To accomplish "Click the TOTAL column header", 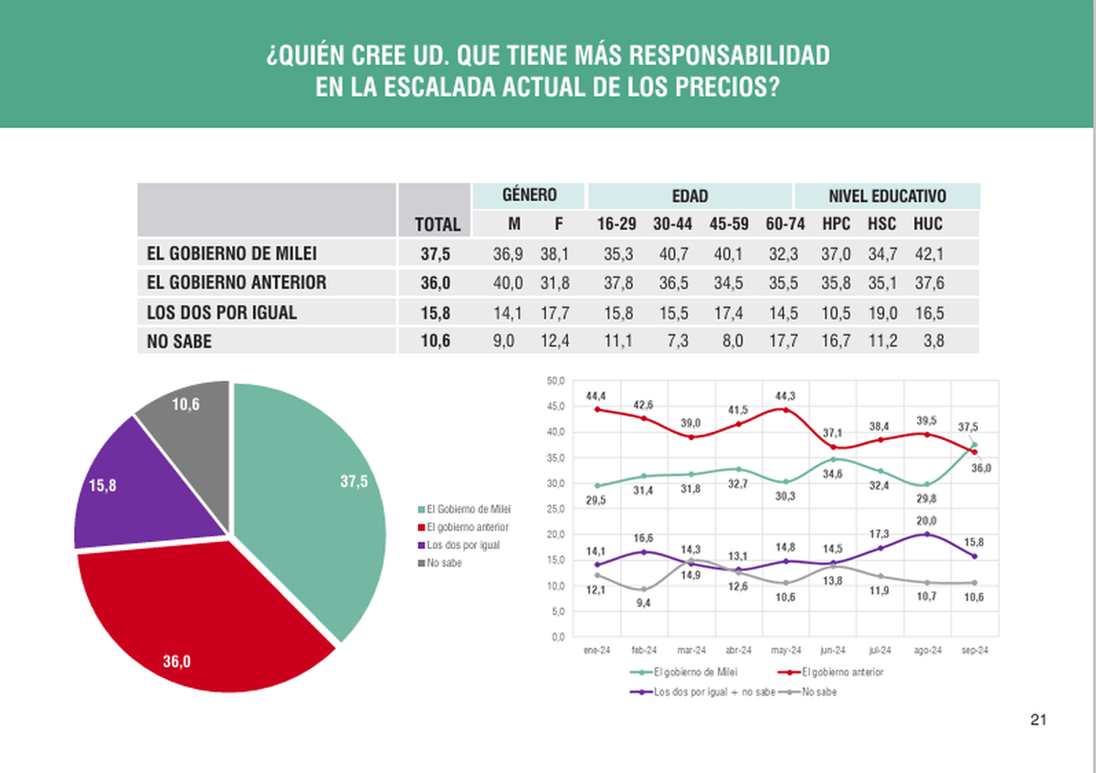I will pyautogui.click(x=437, y=224).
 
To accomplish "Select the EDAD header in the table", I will pyautogui.click(x=690, y=196).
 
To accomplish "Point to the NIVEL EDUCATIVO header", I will pyautogui.click(x=887, y=196).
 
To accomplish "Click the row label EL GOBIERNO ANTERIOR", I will pyautogui.click(x=237, y=282).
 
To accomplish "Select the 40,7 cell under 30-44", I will pyautogui.click(x=674, y=253).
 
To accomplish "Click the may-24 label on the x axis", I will pyautogui.click(x=785, y=650).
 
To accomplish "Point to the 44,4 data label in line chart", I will pyautogui.click(x=596, y=395).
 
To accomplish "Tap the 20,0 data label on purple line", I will pyautogui.click(x=927, y=521).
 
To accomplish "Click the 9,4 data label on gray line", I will pyautogui.click(x=644, y=603).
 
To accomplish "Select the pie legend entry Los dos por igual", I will pyautogui.click(x=463, y=545).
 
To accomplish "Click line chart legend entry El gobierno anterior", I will pyautogui.click(x=843, y=672).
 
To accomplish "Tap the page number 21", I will pyautogui.click(x=1038, y=720).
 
